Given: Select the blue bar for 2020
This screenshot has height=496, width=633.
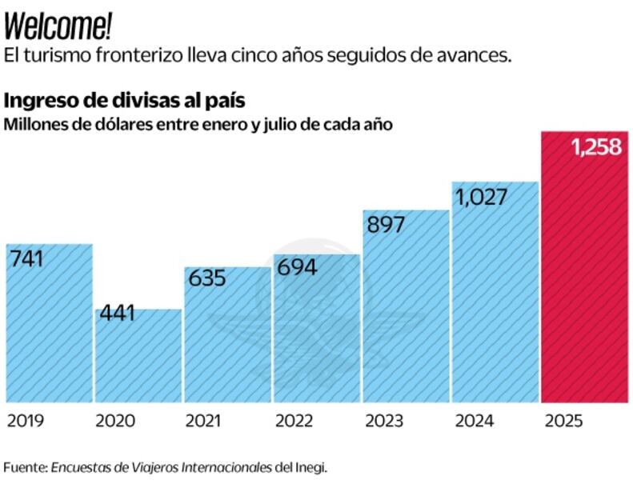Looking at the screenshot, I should (x=138, y=360).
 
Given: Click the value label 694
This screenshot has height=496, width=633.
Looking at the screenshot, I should (x=297, y=267).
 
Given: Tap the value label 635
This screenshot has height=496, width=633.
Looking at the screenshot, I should (x=206, y=278).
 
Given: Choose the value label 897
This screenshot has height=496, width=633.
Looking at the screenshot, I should (x=386, y=225).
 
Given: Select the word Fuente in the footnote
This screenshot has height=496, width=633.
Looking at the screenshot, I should (x=25, y=467).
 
